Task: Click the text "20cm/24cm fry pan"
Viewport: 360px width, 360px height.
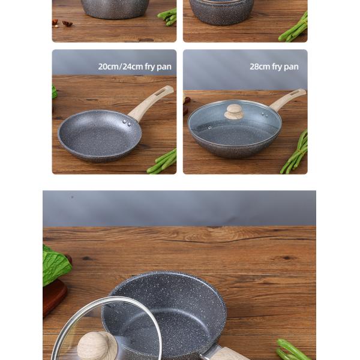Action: [x=135, y=67]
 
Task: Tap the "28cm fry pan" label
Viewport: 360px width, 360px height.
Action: [x=274, y=67]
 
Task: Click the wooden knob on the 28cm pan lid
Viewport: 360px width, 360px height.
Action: [x=233, y=112]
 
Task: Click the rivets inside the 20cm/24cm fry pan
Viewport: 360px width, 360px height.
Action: [x=127, y=122]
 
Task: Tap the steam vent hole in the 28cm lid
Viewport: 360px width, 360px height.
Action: [x=209, y=128]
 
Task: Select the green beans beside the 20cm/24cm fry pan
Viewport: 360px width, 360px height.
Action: [x=163, y=161]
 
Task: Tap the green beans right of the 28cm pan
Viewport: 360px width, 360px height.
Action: [x=295, y=152]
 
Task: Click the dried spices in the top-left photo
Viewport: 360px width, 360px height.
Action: [x=62, y=23]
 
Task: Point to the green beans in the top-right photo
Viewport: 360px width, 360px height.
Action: [x=294, y=29]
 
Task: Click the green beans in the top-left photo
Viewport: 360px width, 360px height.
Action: [x=167, y=17]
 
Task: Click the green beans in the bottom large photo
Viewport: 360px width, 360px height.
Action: [x=293, y=350]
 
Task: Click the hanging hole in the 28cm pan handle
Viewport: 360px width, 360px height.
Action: [x=294, y=94]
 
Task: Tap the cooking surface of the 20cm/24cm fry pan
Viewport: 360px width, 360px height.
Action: [x=99, y=136]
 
